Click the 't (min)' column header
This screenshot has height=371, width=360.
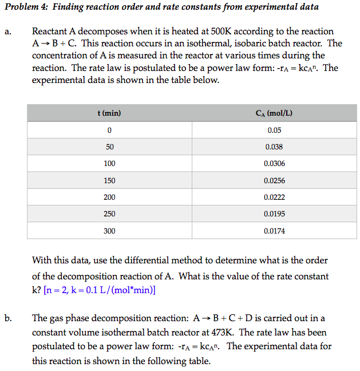(x=109, y=113)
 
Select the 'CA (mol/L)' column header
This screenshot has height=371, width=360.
(x=274, y=113)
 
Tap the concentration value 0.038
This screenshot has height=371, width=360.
(x=274, y=147)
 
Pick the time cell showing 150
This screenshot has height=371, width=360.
(x=109, y=180)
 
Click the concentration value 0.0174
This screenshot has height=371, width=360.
(x=274, y=231)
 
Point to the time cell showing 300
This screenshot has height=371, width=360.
(x=109, y=231)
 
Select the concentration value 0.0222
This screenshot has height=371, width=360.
(x=274, y=197)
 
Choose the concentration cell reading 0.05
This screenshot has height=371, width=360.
(x=274, y=130)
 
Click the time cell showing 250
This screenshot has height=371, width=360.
(x=109, y=214)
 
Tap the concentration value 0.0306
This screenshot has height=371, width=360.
(x=274, y=164)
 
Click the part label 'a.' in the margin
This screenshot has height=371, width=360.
(x=8, y=32)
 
